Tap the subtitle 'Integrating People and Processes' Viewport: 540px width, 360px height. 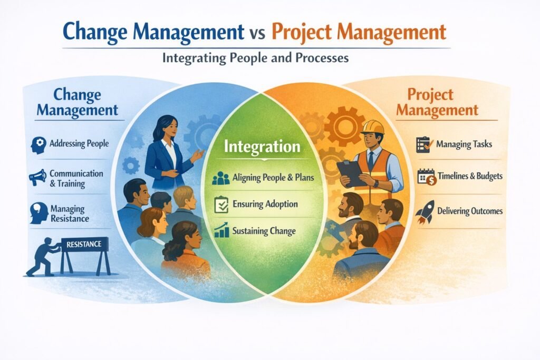click(x=255, y=58)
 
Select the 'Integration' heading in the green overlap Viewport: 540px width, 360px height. click(x=262, y=146)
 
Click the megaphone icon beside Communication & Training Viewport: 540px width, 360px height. click(x=38, y=178)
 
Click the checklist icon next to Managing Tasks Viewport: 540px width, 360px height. click(x=424, y=144)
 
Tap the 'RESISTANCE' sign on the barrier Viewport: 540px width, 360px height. click(x=84, y=244)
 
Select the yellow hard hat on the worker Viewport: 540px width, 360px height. click(x=373, y=127)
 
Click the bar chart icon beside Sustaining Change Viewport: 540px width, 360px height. click(x=220, y=230)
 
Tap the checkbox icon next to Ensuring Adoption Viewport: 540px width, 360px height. click(x=220, y=205)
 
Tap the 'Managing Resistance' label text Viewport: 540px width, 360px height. click(x=70, y=213)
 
